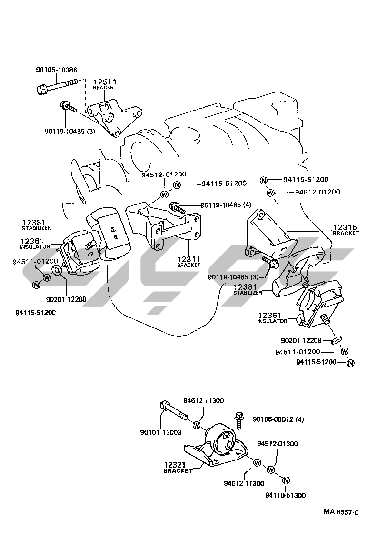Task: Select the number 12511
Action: (x=105, y=82)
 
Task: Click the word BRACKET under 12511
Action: (x=105, y=88)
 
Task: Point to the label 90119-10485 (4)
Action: (x=226, y=205)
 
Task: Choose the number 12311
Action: (x=189, y=259)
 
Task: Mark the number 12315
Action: (x=345, y=227)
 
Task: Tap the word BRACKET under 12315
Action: (x=346, y=233)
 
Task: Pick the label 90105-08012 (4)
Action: (x=278, y=419)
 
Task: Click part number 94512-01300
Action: (x=278, y=444)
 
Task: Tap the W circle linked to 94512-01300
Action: (x=271, y=470)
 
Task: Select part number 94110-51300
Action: (x=286, y=495)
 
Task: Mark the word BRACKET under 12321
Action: (x=178, y=470)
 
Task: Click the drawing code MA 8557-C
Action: (x=341, y=512)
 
